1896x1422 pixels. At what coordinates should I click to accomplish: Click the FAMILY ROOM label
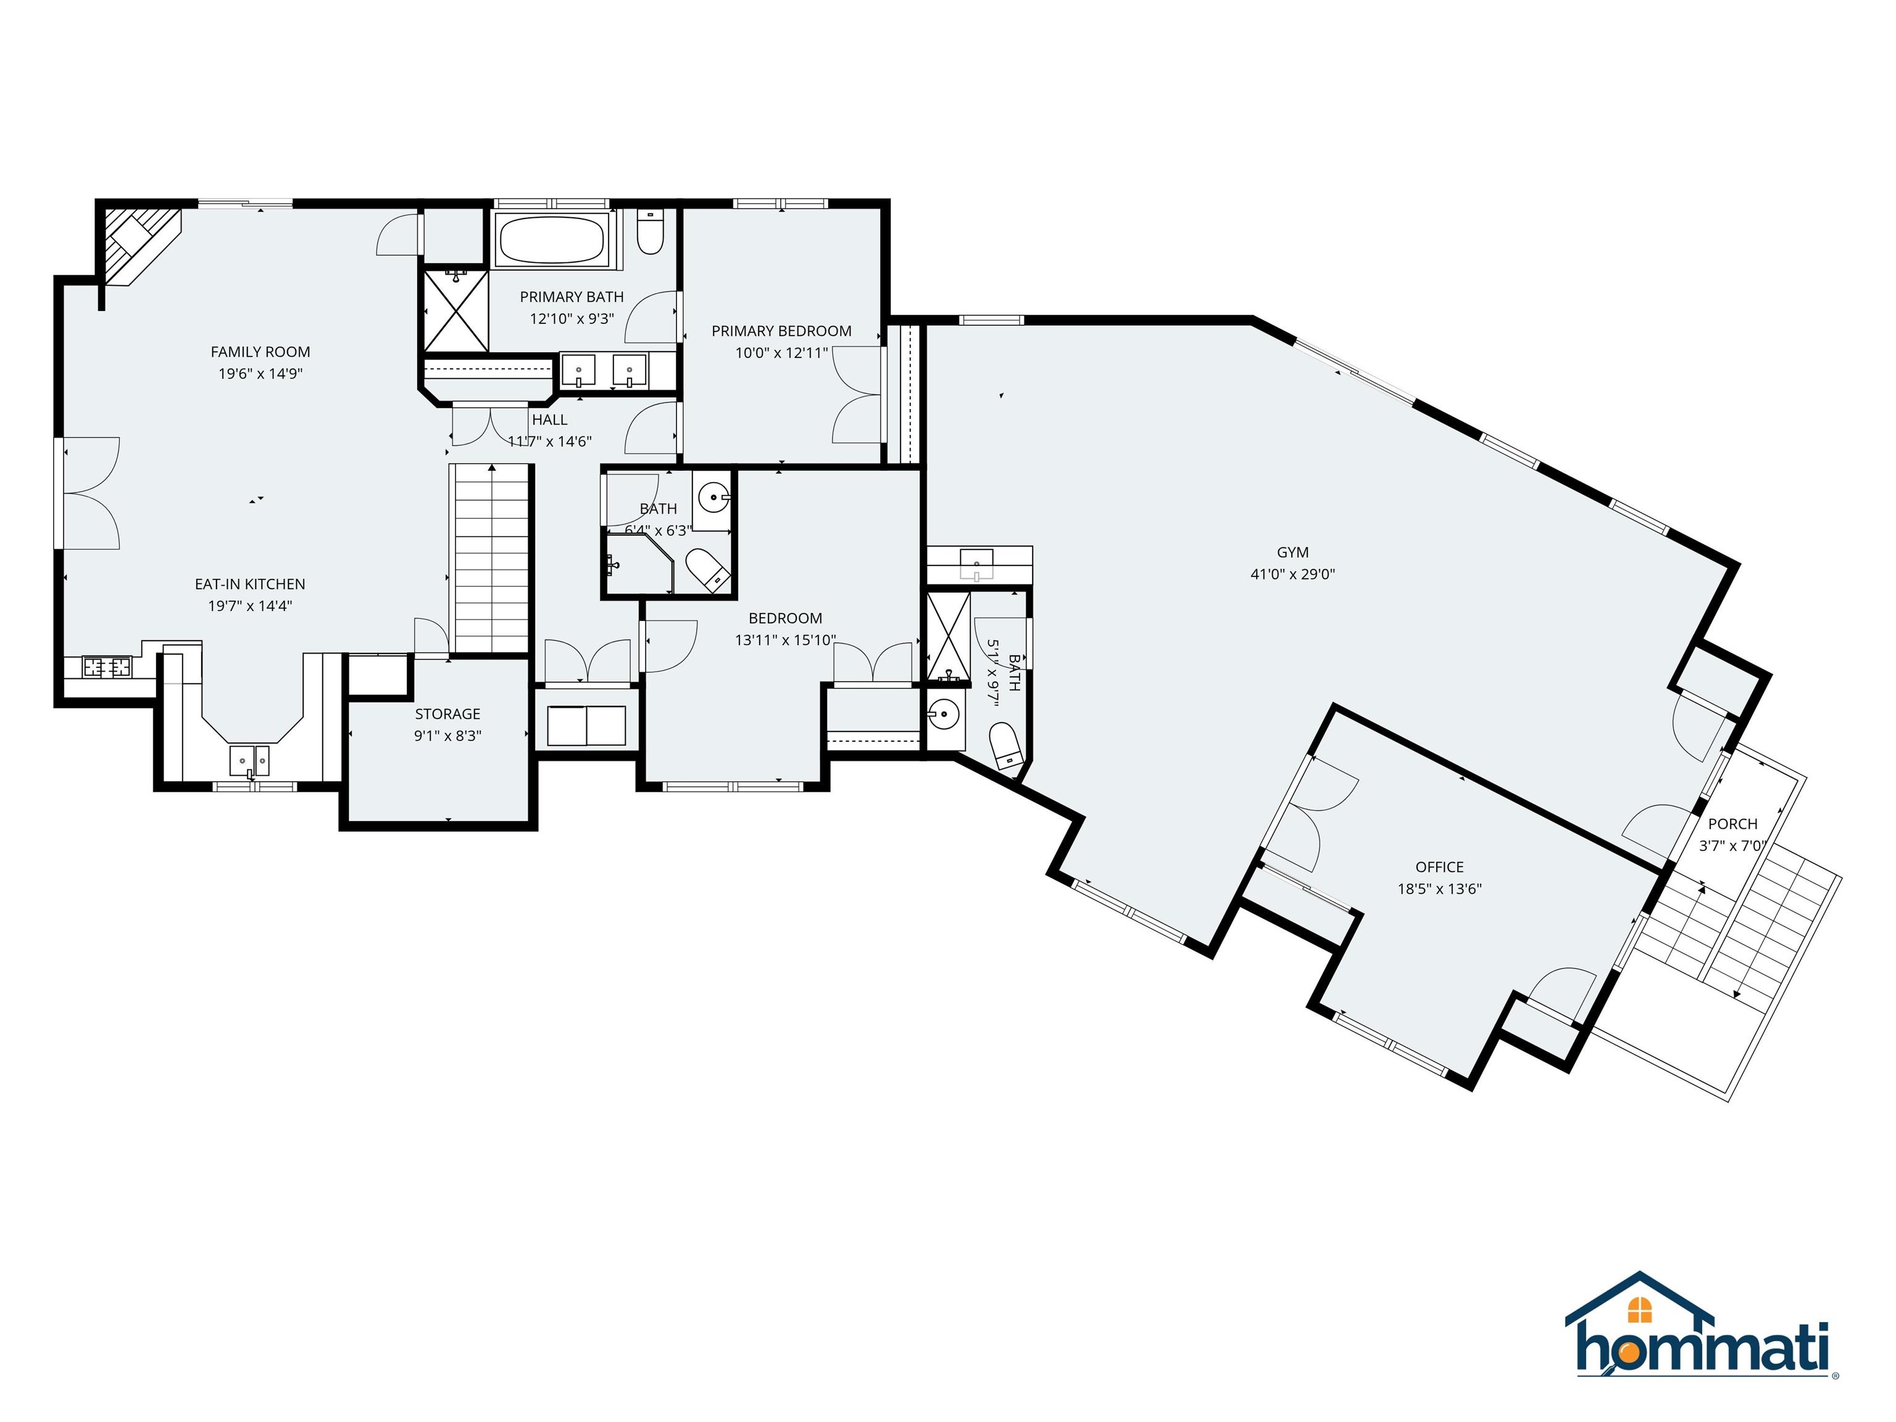[260, 351]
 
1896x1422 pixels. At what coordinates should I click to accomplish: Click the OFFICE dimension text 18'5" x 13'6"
[1439, 889]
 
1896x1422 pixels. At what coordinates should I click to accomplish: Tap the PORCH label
[1732, 824]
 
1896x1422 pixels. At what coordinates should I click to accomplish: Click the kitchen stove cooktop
[107, 666]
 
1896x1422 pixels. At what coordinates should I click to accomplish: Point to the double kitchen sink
[249, 759]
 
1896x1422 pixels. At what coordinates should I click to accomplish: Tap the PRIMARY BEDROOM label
[781, 331]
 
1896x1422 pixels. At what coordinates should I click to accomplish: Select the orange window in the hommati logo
[1639, 1309]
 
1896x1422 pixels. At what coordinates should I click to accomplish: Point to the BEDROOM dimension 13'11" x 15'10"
[785, 640]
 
